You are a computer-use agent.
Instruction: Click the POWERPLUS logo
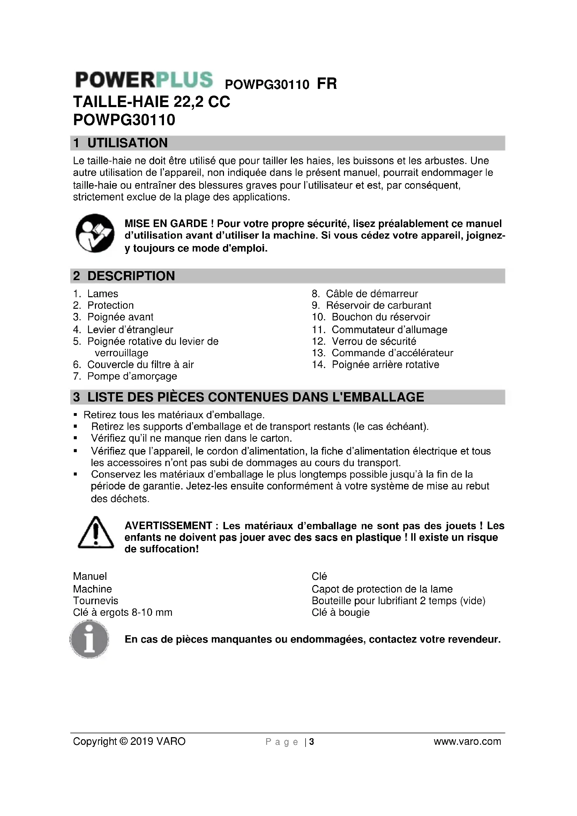144,80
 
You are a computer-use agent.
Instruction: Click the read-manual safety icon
95,233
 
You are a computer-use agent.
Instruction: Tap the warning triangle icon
95,533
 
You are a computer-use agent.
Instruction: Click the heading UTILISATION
127,143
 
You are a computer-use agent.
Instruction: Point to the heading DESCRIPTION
131,276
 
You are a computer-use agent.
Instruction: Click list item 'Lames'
103,293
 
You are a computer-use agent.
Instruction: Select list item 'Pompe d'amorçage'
132,376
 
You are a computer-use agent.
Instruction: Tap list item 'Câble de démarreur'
372,293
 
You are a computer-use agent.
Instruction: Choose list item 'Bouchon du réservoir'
381,317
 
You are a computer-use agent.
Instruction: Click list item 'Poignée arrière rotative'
385,364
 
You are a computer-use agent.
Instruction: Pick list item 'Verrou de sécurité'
374,341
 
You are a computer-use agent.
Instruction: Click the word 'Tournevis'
96,601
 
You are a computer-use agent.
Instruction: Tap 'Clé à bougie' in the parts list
340,612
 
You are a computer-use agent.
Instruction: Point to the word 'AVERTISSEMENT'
168,526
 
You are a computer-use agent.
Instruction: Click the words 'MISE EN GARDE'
166,224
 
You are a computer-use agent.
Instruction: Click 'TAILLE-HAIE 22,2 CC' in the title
151,102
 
